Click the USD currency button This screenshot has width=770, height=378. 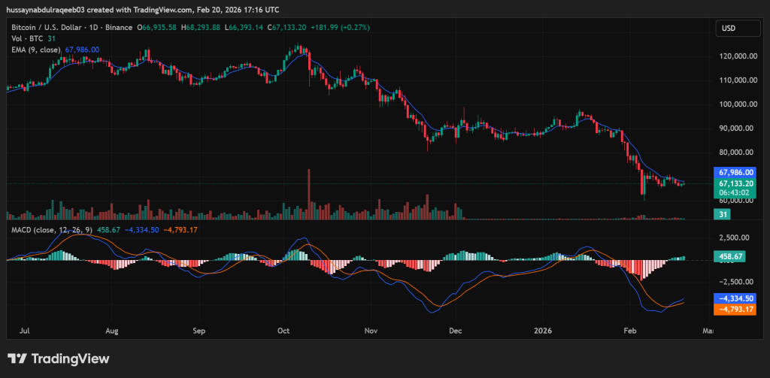728,29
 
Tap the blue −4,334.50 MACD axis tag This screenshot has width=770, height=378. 735,298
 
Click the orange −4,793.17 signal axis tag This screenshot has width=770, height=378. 735,309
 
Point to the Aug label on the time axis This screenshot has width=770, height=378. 112,330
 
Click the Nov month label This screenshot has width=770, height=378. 371,330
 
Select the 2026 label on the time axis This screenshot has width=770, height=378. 542,330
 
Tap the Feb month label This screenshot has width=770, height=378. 628,330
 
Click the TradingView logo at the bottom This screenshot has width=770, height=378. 58,358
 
